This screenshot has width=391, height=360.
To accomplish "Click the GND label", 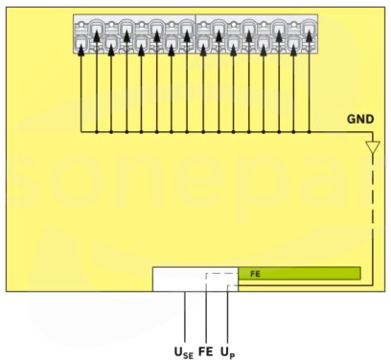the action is click(360, 119).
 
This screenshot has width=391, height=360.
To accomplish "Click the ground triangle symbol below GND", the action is click(373, 146).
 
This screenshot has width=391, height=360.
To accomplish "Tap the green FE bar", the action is click(299, 274).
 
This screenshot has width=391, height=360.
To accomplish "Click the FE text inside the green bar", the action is click(255, 274).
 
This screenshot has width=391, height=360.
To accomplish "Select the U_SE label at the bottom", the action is click(184, 352).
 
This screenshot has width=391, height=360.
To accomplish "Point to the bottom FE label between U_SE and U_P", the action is click(206, 351).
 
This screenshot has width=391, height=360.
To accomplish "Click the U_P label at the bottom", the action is click(228, 352).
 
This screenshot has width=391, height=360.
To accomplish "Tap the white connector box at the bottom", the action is click(195, 280).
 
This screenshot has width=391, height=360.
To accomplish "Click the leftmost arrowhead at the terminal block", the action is click(81, 50).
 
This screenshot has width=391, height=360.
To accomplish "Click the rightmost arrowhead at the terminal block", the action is click(309, 35).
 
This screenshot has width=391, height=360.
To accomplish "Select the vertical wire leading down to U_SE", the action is click(185, 317).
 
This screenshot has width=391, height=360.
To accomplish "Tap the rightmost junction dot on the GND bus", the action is click(309, 131).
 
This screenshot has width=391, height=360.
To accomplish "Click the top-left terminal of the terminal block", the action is click(81, 27).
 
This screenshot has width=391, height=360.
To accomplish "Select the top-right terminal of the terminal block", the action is click(309, 27).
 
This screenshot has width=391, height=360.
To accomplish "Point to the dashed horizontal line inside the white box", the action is click(222, 274).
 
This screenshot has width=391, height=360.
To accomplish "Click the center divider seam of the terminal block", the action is click(195, 34).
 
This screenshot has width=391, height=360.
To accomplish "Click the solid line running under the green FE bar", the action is click(305, 285).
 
